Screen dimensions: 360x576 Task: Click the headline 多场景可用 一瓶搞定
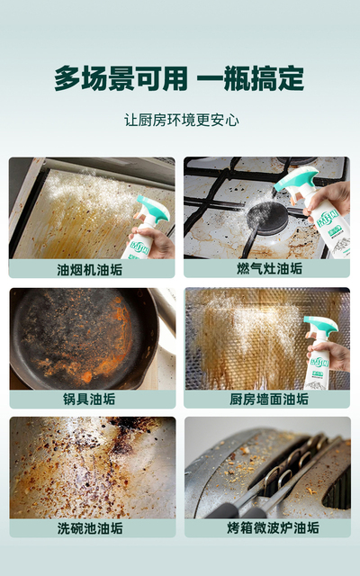179,78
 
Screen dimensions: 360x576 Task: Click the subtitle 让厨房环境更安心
182,120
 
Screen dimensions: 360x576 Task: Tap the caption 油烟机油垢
90,270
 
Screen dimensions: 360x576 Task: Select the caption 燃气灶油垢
269,268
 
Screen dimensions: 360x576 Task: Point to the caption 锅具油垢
89,399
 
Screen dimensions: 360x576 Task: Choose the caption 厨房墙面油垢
269,399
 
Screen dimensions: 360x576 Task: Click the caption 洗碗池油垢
90,528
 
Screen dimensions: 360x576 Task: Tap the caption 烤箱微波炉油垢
273,528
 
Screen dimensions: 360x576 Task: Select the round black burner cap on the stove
267,218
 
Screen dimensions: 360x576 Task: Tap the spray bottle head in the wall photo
320,324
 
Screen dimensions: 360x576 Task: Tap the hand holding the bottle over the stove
326,200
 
